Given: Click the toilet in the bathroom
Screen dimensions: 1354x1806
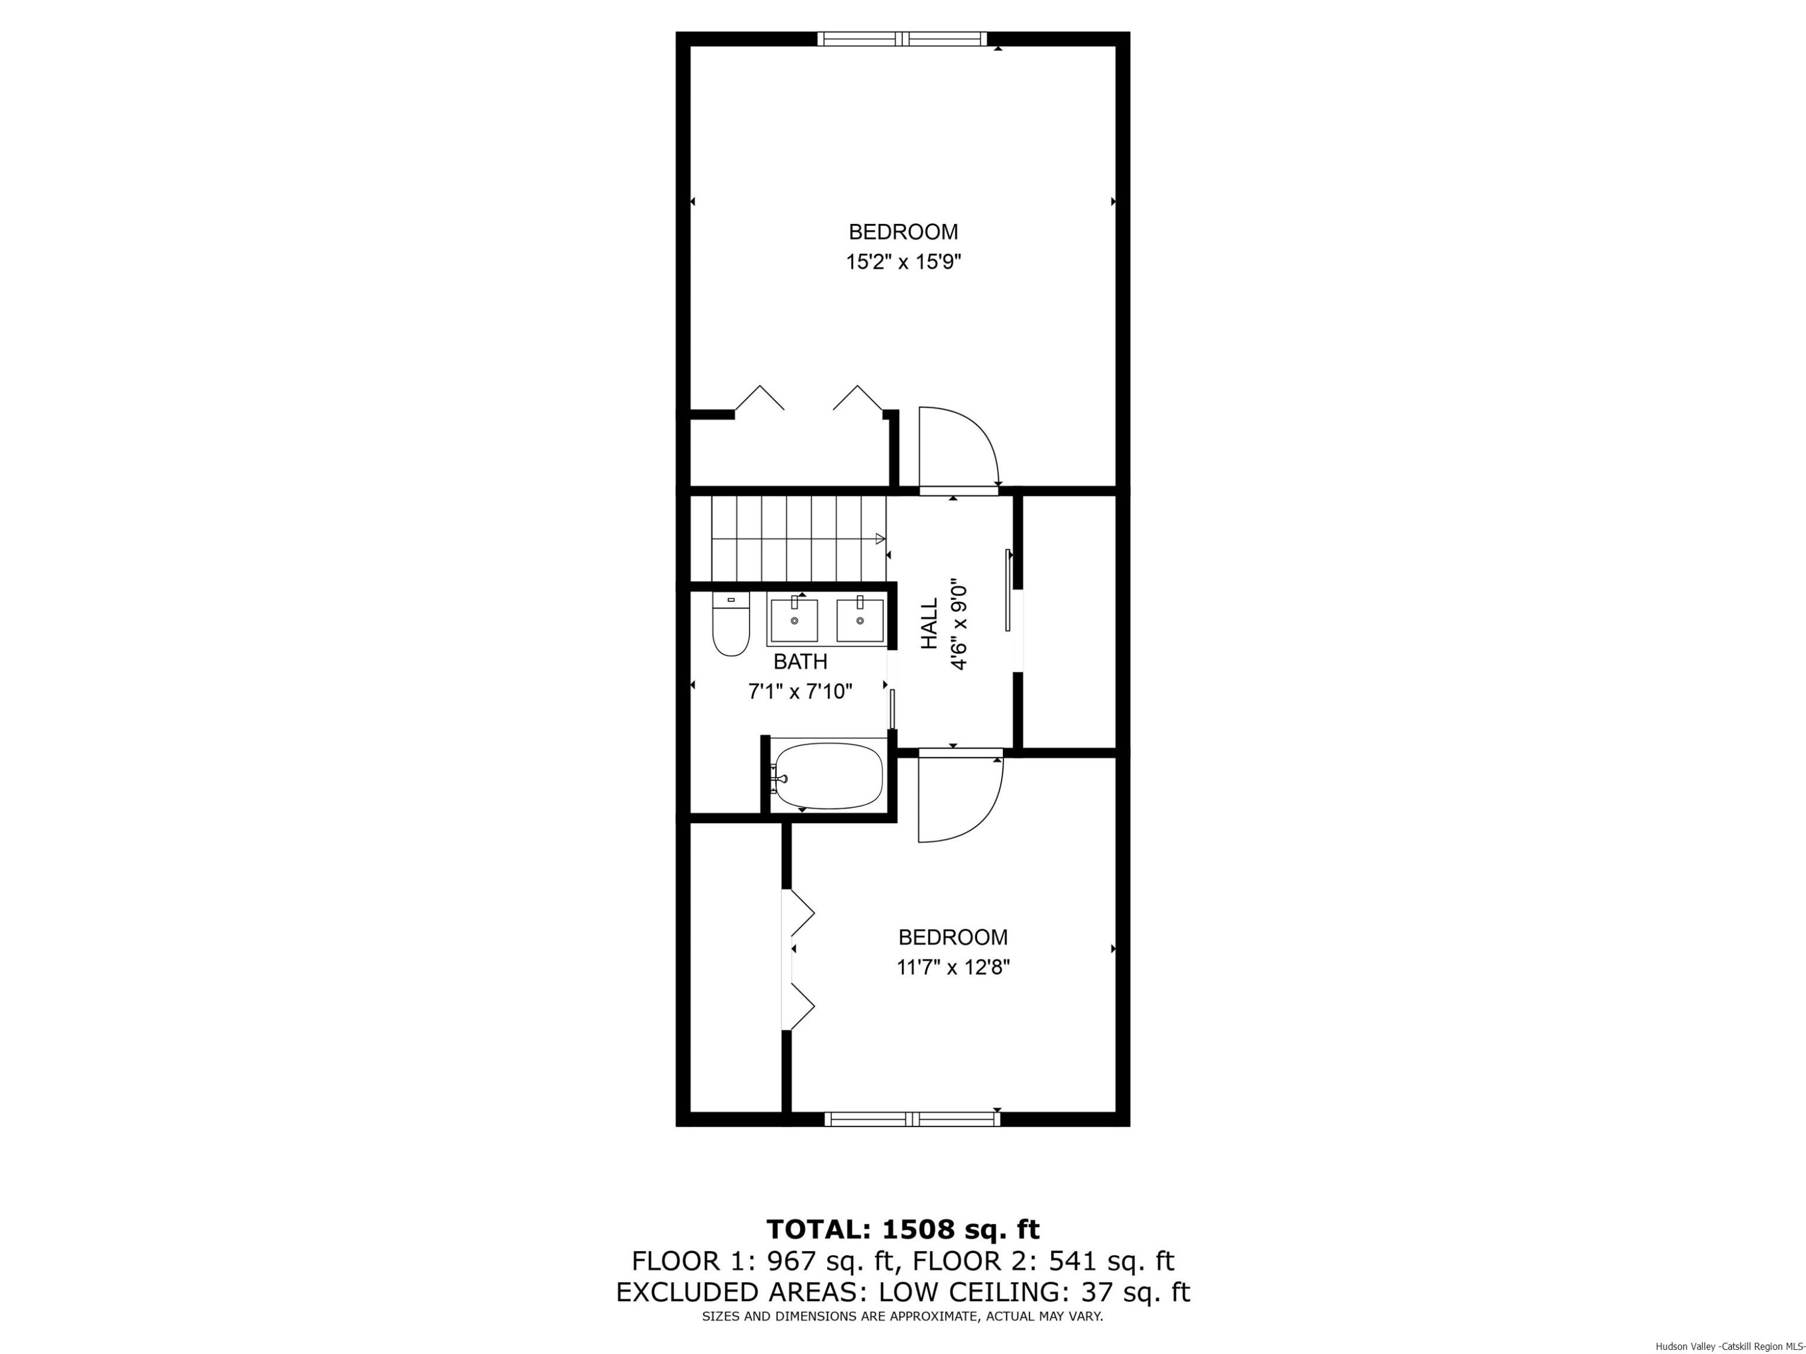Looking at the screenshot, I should click(731, 625).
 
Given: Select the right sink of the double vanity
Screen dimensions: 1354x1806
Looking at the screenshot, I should click(860, 621).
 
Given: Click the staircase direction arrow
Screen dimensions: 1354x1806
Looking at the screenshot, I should click(880, 539).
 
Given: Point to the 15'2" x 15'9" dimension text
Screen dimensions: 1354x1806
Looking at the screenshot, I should click(903, 262).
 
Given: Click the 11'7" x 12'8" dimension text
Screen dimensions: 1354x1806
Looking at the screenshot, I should click(953, 968).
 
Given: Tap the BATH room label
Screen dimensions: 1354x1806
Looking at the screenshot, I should click(800, 661).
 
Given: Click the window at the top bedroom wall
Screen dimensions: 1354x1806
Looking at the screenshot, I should click(902, 39).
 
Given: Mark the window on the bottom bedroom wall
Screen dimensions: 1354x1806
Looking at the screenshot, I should click(912, 1119).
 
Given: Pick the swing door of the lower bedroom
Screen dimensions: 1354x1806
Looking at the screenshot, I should click(958, 797).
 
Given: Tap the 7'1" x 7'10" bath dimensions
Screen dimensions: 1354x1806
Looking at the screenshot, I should click(800, 692).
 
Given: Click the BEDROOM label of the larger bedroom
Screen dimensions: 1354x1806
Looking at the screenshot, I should click(903, 232).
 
